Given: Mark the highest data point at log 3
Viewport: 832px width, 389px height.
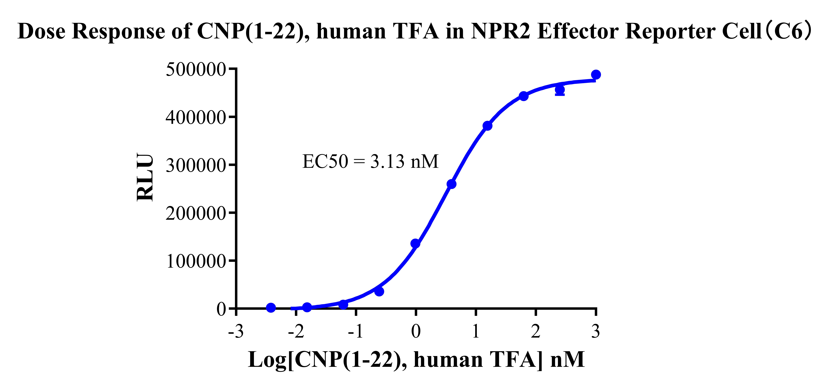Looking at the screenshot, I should (x=596, y=75).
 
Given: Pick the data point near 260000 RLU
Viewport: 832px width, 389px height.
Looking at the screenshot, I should (x=452, y=184).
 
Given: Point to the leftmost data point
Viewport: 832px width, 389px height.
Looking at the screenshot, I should (x=271, y=308).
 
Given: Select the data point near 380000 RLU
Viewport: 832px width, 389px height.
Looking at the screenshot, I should (x=487, y=126).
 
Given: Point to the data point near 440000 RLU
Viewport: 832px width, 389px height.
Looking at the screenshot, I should (x=524, y=96).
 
